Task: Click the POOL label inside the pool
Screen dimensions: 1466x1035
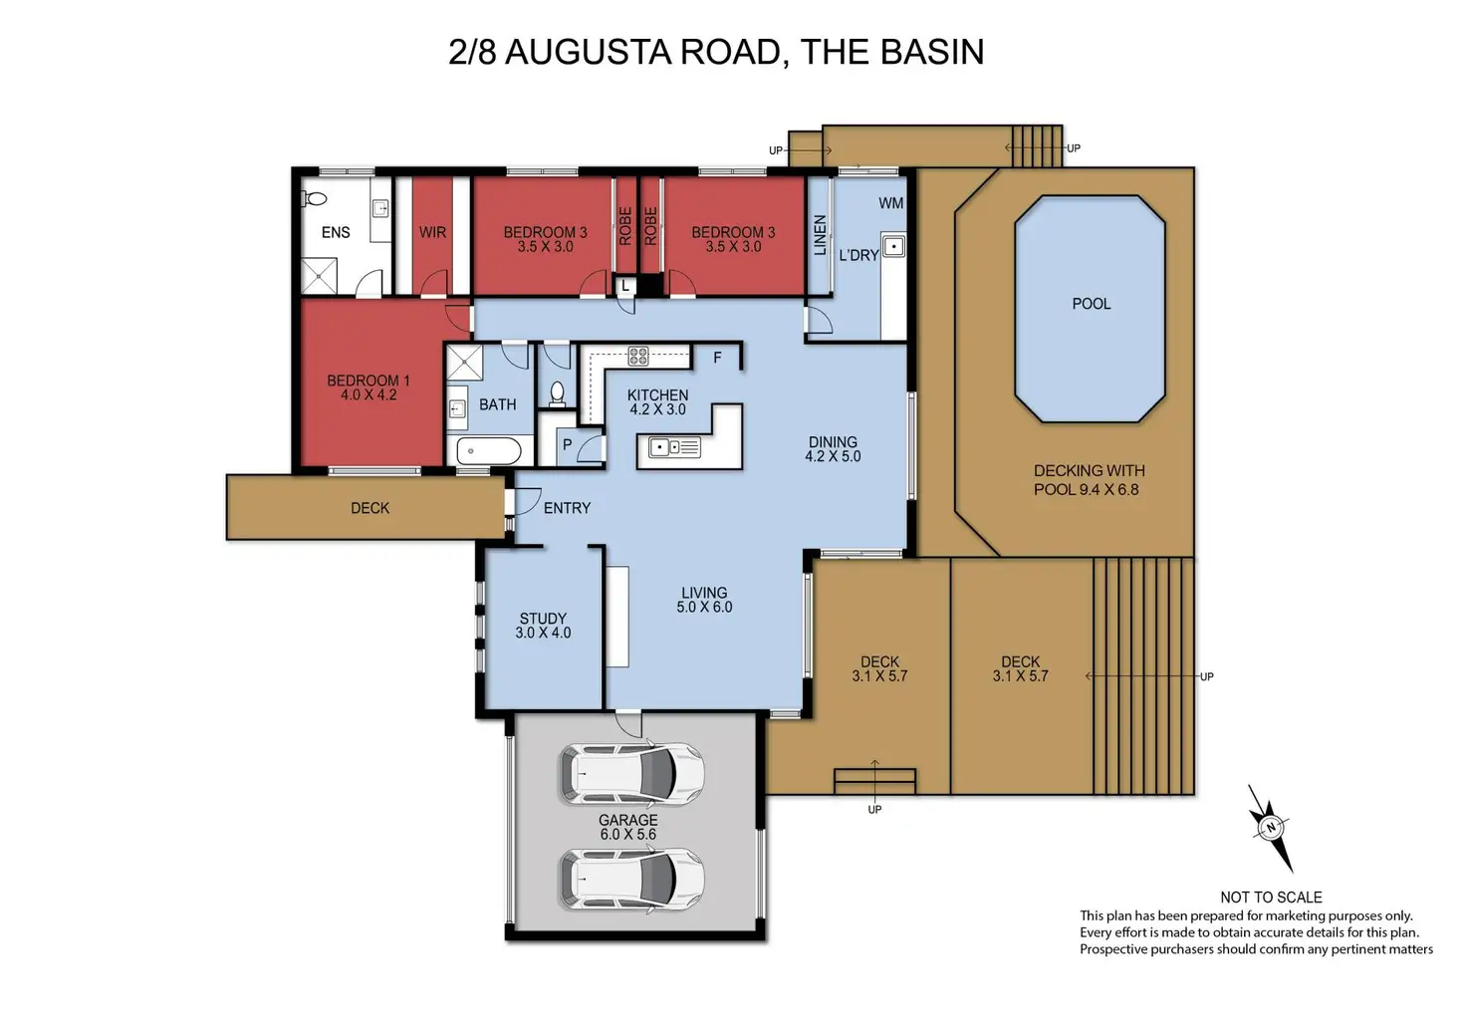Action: (1091, 304)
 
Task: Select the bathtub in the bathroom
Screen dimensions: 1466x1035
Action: (489, 451)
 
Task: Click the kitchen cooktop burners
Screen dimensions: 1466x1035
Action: (638, 357)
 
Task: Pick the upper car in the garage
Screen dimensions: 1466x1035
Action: (631, 774)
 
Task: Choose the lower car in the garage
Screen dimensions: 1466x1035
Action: (631, 881)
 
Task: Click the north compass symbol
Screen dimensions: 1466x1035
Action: (1271, 828)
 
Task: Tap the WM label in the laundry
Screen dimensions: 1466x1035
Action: (890, 203)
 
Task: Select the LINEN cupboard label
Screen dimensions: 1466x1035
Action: (820, 235)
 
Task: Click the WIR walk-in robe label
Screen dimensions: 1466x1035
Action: (432, 232)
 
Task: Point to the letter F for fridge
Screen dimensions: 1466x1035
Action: (717, 358)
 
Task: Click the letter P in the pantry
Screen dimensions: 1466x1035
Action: (568, 444)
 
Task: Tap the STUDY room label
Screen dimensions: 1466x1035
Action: (543, 619)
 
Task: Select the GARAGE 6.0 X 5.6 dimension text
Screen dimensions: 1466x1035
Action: (627, 827)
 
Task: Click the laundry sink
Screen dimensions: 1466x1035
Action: (893, 247)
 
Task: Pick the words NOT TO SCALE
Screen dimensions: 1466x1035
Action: (1271, 898)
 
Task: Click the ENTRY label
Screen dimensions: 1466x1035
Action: (567, 508)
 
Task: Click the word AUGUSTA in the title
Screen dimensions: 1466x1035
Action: (589, 52)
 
